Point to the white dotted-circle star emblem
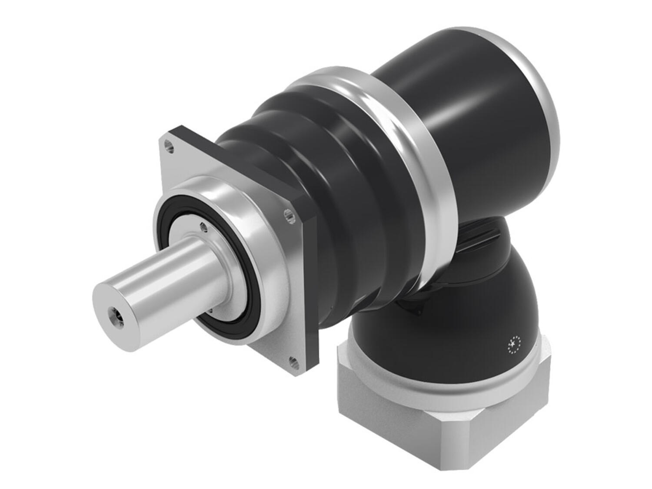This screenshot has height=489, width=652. point(514,345)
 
